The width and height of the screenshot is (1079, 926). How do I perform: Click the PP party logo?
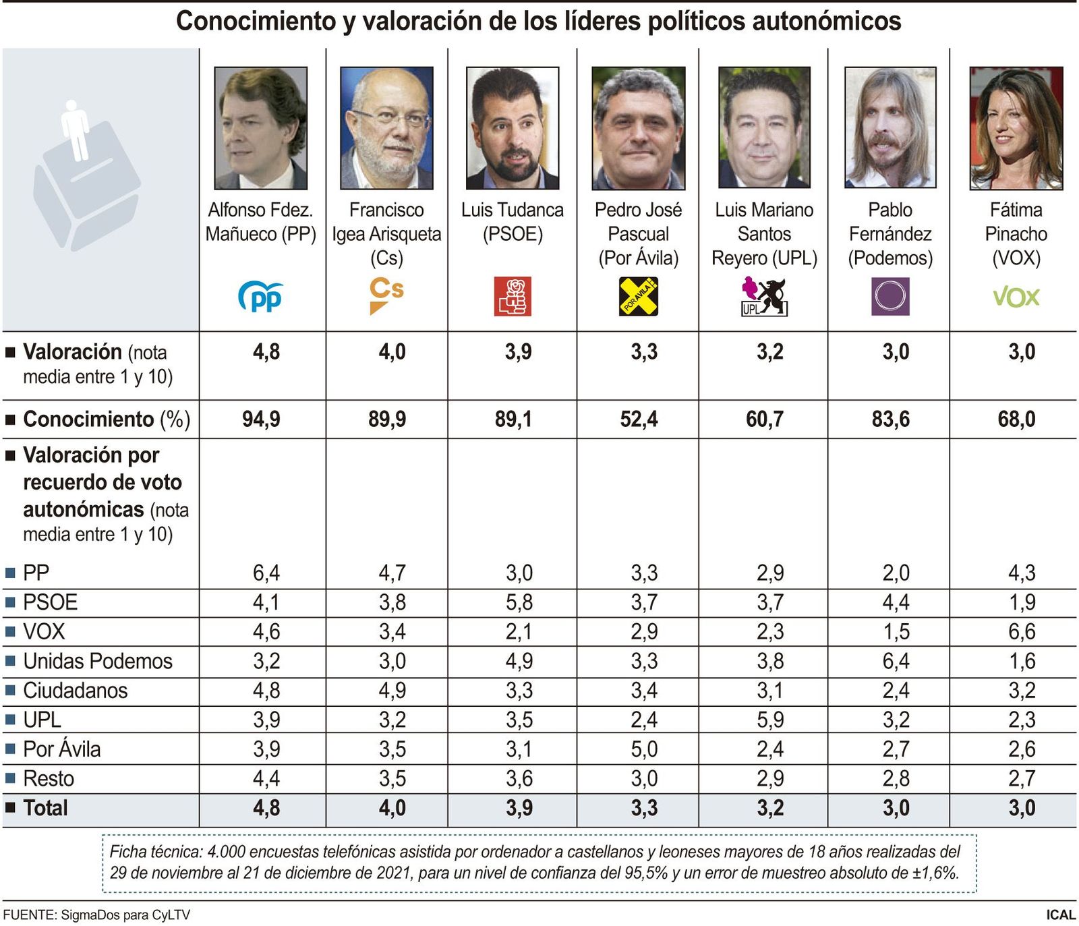(260, 297)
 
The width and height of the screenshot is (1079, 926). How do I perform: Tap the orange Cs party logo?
(386, 295)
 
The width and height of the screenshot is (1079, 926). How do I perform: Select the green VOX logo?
(1016, 297)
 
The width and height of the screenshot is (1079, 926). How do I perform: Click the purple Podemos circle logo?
(890, 296)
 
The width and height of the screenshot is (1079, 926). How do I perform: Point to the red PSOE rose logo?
(513, 296)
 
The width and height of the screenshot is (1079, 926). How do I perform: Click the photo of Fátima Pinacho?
(1016, 127)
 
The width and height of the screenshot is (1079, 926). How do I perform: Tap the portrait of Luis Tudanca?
(513, 127)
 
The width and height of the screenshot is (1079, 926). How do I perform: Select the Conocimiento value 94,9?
(261, 419)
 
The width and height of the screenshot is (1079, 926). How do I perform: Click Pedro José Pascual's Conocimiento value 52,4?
(639, 419)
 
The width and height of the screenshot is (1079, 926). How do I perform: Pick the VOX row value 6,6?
(1021, 632)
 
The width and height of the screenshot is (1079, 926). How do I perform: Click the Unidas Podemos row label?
(97, 662)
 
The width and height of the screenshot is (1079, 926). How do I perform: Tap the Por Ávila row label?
(61, 749)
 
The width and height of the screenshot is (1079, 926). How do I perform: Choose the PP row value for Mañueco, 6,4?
(266, 573)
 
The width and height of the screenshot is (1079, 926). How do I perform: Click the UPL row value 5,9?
(769, 720)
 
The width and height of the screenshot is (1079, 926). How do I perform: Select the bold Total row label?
(45, 808)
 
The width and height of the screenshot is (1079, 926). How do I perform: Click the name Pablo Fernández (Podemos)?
(890, 233)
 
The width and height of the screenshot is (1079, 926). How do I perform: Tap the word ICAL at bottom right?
(1060, 915)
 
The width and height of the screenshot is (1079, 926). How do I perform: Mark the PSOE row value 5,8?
(519, 602)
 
